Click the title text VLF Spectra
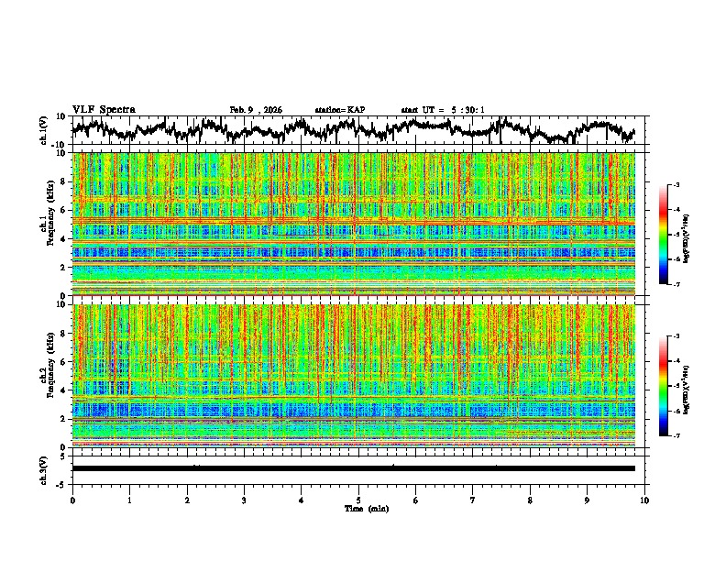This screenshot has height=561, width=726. click(104, 109)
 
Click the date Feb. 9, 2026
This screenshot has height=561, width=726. click(256, 110)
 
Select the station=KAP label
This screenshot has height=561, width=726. click(339, 110)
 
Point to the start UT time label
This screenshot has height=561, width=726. click(443, 110)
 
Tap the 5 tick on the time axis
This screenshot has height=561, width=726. click(358, 500)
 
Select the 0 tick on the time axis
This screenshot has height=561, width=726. click(72, 500)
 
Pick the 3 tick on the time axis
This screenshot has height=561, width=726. click(244, 500)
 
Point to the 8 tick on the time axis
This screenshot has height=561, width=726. click(530, 500)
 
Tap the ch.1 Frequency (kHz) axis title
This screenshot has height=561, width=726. click(49, 225)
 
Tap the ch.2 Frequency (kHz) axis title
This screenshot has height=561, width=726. click(49, 376)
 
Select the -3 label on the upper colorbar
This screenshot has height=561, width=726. click(676, 185)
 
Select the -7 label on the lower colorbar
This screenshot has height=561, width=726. click(676, 436)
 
